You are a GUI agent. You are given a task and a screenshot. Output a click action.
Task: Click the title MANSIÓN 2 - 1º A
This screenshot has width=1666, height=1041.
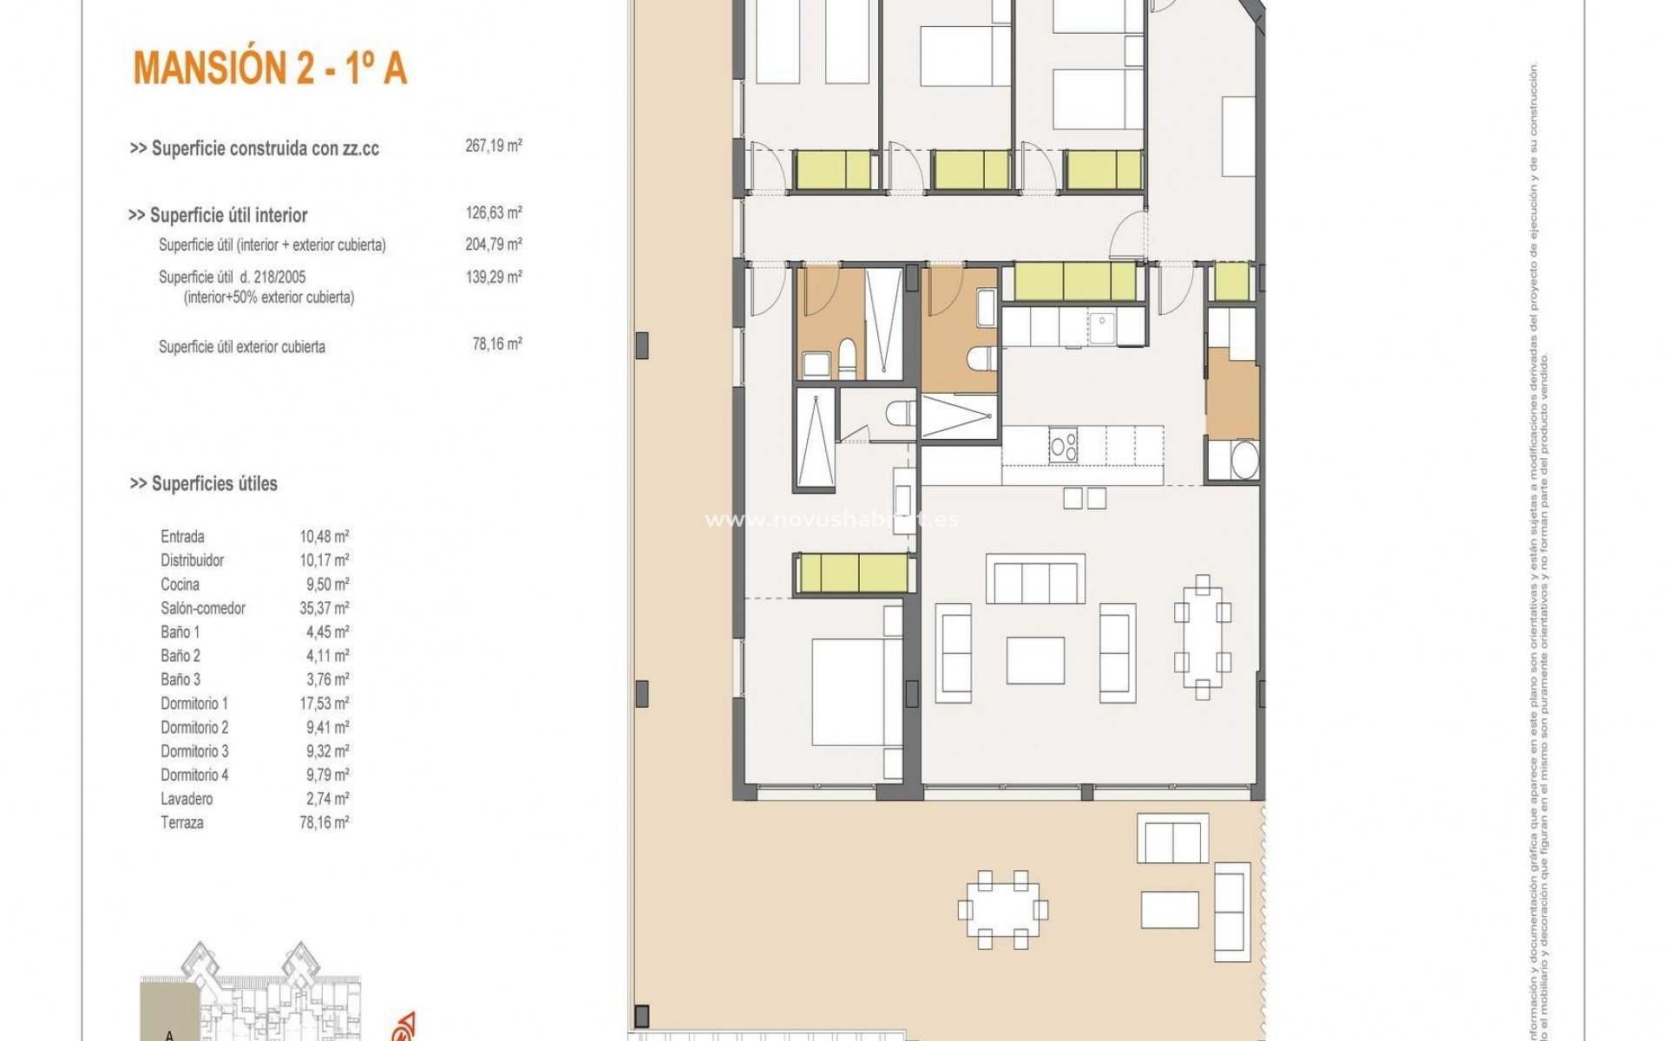270,69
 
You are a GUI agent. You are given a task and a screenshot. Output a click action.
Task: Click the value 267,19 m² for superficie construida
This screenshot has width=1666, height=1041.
493,146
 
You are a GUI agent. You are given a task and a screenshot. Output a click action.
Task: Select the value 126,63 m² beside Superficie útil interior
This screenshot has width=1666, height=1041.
493,213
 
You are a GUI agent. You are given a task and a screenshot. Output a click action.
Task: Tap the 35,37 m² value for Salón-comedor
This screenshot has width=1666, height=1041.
325,608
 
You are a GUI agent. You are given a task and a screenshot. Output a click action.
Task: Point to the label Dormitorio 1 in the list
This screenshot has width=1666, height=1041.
194,704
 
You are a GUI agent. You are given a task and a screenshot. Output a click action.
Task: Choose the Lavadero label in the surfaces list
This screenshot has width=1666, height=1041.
187,799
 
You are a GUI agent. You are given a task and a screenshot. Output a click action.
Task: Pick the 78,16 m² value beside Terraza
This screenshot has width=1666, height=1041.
325,822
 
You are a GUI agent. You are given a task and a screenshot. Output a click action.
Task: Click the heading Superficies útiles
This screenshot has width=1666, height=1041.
205,484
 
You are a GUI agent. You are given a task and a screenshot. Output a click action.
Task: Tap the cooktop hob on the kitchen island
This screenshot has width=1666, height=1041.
1063,445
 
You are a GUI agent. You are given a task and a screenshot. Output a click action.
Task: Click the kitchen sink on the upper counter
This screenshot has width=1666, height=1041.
1105,328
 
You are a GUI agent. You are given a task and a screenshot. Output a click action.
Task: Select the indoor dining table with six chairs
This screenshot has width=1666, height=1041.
1202,637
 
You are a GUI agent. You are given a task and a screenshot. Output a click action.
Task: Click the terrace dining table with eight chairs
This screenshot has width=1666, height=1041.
1002,910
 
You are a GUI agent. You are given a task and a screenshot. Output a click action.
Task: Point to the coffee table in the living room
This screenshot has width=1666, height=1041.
1035,660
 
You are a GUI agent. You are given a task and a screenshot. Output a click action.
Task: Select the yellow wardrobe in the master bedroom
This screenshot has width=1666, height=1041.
855,573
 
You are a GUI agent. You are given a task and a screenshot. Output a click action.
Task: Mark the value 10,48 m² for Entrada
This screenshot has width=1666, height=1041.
325,536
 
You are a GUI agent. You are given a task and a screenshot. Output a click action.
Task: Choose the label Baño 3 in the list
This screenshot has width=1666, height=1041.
180,679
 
